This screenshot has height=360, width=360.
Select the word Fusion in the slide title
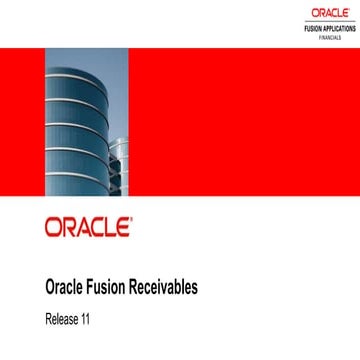pyautogui.click(x=112, y=287)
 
